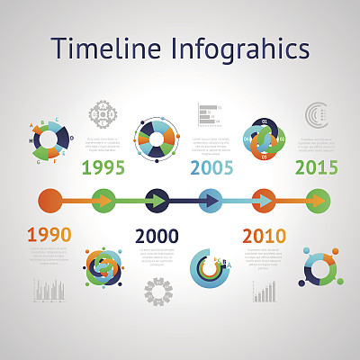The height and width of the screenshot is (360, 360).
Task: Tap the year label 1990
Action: click(49, 236)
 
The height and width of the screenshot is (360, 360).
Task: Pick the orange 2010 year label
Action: click(265, 236)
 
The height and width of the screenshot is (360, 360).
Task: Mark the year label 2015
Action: click(317, 167)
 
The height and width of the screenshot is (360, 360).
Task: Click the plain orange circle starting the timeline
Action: click(50, 200)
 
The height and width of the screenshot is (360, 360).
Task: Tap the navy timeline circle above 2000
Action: click(157, 200)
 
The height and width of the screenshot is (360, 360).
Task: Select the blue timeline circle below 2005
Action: click(211, 200)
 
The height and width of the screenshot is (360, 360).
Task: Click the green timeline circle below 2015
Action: click(318, 200)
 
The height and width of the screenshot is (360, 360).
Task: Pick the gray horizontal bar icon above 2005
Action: click(209, 114)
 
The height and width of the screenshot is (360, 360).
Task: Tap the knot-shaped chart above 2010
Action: click(264, 139)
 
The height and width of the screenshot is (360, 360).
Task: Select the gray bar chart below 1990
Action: click(50, 289)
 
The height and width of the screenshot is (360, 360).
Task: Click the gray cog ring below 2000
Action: click(158, 290)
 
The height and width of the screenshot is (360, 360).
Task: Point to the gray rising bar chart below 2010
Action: click(265, 291)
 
